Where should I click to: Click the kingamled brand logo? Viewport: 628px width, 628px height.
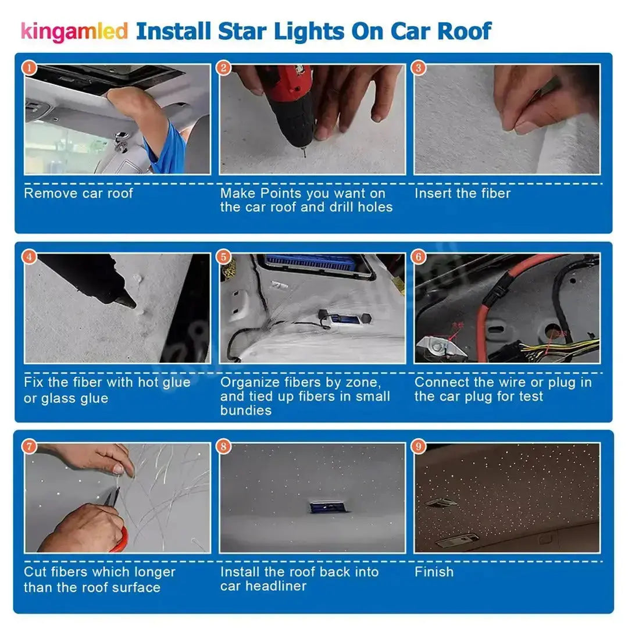74,31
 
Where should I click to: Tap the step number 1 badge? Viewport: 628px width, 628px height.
30,69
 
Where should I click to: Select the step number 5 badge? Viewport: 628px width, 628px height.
224,257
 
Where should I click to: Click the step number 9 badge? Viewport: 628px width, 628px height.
419,447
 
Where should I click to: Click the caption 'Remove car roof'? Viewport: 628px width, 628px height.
78,193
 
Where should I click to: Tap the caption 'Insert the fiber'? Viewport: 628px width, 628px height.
462,193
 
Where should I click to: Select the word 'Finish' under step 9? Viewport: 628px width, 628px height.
434,572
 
